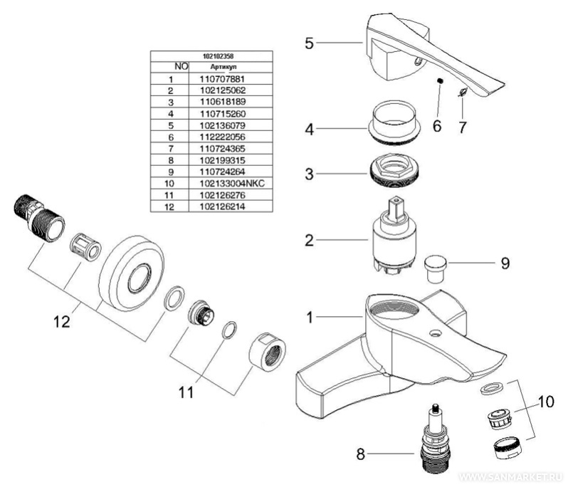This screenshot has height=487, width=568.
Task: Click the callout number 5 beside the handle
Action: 309,43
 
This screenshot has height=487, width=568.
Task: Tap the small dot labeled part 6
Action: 441,81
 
